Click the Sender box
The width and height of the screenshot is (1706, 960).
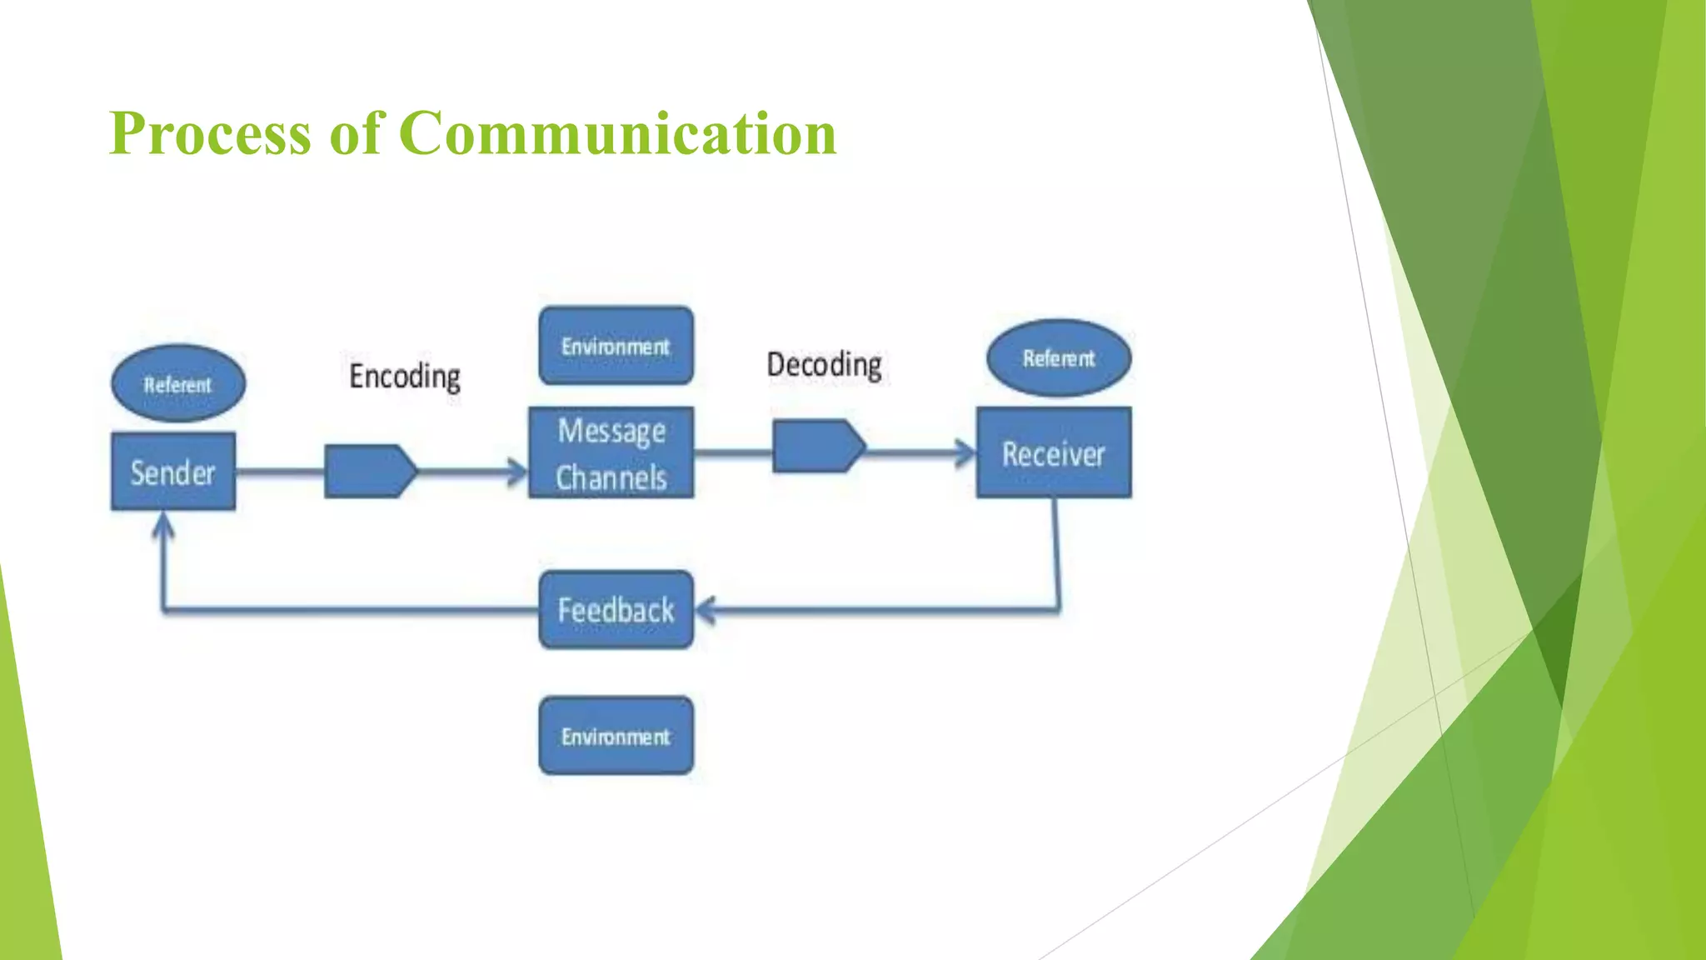(173, 472)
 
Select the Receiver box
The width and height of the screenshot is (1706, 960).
(1054, 453)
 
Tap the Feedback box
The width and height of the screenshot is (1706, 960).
(616, 610)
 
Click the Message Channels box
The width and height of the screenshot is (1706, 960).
(611, 453)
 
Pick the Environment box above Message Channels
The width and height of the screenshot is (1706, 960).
(616, 346)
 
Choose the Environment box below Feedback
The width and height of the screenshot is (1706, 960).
(616, 736)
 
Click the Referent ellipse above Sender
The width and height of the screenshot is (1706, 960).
(178, 383)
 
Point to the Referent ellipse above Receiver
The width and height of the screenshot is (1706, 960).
(1059, 358)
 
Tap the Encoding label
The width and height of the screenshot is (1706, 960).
(405, 377)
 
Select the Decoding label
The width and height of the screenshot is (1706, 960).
(824, 365)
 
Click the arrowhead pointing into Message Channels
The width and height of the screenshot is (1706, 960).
(518, 472)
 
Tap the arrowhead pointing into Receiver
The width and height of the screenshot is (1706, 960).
(966, 453)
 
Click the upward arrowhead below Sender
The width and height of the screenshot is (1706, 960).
(164, 525)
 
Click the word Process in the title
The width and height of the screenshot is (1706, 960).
(210, 133)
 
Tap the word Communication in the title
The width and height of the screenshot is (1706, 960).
(617, 133)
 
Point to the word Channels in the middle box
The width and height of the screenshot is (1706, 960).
(611, 478)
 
